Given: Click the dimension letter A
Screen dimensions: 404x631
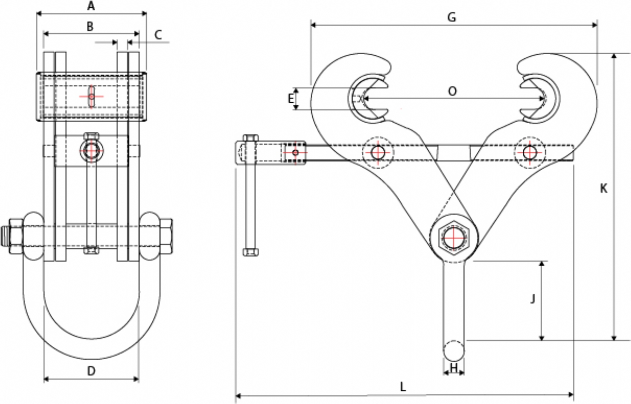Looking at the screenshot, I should pos(91,6).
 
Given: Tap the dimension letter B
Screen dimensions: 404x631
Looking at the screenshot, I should pos(90,26).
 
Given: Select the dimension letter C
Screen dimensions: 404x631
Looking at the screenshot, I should pos(158,35).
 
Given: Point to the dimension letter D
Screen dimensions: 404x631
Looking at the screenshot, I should pos(91,371).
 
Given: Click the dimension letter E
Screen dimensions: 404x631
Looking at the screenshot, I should pos(291,99).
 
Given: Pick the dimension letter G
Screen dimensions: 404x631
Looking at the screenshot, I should pos(452,17).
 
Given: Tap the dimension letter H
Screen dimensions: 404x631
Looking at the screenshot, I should pos(454,368).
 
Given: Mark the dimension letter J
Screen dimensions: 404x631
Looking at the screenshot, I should pos(533,299).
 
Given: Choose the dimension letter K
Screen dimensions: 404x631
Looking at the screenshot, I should pos(603,189).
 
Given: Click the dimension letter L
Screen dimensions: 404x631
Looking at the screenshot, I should pos(403,387).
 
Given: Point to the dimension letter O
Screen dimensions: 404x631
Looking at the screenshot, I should pos(452,91).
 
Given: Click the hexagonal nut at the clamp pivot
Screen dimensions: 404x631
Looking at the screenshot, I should pos(454,238).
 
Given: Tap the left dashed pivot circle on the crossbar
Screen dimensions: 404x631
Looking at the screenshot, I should pos(378,152).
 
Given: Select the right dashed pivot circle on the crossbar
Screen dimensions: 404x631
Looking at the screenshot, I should pos(529,152).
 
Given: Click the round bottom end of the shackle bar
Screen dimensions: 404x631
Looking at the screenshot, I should pos(454,350).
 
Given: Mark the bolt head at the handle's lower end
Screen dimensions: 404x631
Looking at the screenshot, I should pos(250,252).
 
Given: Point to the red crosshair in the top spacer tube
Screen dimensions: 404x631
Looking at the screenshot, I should pos(91,96).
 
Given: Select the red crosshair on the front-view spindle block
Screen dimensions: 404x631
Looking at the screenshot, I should pos(91,151).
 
